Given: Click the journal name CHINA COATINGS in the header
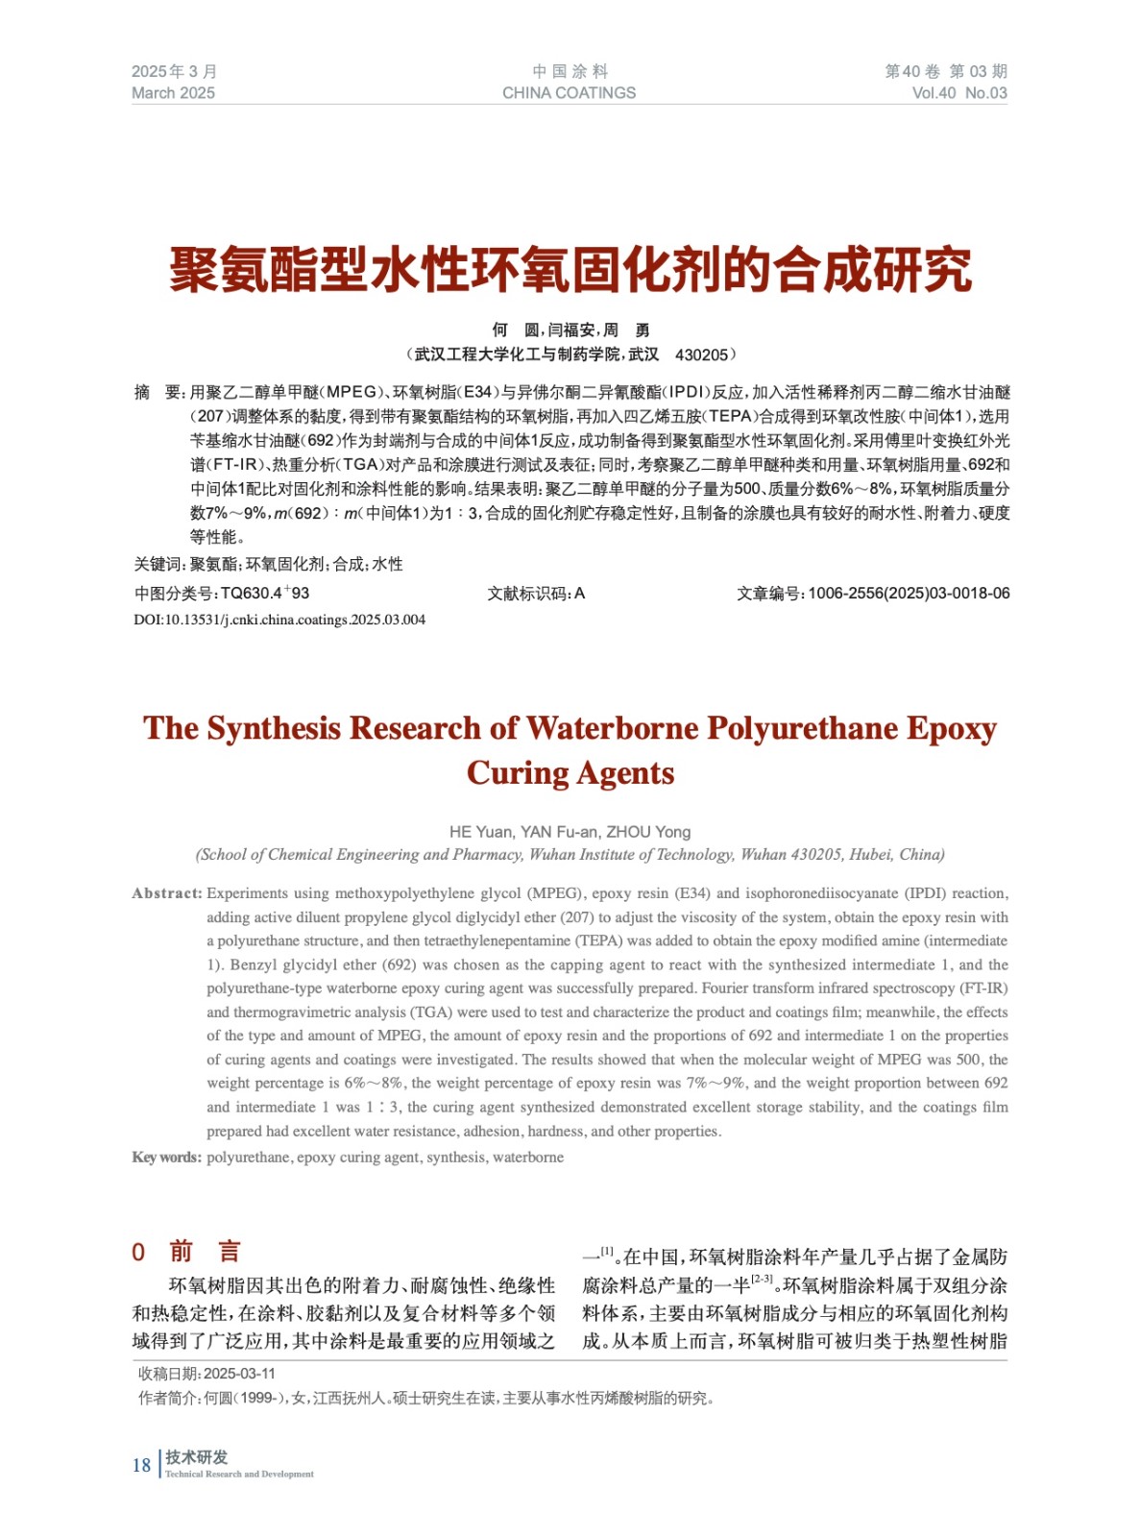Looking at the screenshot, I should pyautogui.click(x=569, y=93).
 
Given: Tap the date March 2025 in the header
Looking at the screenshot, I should pyautogui.click(x=173, y=93).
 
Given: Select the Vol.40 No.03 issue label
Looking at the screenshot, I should pyautogui.click(x=958, y=93).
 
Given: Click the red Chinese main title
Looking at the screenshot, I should pyautogui.click(x=570, y=270).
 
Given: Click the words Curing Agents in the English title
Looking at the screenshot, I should pyautogui.click(x=570, y=773).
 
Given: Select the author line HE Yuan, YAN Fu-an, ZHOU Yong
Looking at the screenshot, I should pyautogui.click(x=570, y=832).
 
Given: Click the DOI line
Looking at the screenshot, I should pyautogui.click(x=279, y=620).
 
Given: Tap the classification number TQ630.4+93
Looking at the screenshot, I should pyautogui.click(x=264, y=594).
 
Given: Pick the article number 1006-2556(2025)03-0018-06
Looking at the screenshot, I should pyautogui.click(x=908, y=594).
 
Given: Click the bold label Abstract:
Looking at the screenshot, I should pyautogui.click(x=167, y=893).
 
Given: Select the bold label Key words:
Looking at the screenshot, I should pyautogui.click(x=166, y=1158).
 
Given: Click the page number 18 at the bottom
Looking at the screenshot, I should pyautogui.click(x=141, y=1465).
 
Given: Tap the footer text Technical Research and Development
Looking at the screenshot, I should pyautogui.click(x=239, y=1474).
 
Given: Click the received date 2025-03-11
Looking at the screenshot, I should pyautogui.click(x=239, y=1374).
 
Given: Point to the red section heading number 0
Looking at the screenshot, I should pyautogui.click(x=138, y=1252).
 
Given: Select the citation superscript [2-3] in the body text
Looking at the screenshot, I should pyautogui.click(x=762, y=1280).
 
